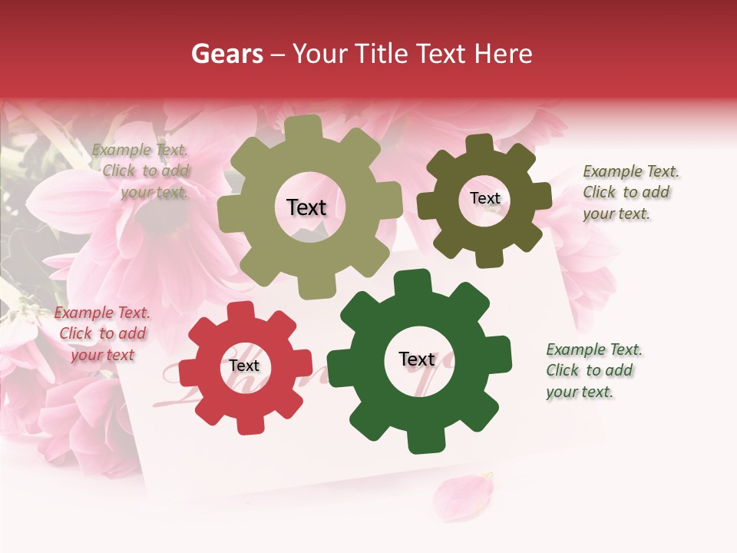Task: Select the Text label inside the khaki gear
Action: click(x=306, y=207)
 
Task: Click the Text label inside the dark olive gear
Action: click(x=484, y=198)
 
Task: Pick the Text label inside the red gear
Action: click(x=244, y=366)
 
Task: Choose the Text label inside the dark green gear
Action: click(x=417, y=359)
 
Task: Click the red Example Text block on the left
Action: click(x=102, y=333)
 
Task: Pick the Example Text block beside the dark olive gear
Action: click(x=630, y=192)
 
